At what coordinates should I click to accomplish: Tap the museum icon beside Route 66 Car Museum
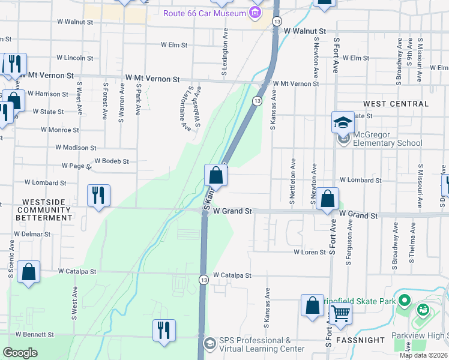255,13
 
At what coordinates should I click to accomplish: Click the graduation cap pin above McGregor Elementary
343,122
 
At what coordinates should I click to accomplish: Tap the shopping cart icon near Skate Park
340,312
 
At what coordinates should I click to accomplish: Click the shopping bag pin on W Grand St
328,199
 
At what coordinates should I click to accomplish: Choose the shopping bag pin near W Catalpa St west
28,272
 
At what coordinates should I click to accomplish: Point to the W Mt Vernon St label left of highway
152,79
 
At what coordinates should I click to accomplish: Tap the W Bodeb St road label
112,161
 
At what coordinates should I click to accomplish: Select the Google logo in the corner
20,353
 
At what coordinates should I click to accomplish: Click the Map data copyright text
423,355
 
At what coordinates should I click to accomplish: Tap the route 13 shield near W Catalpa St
204,280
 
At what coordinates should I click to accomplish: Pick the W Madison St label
76,148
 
